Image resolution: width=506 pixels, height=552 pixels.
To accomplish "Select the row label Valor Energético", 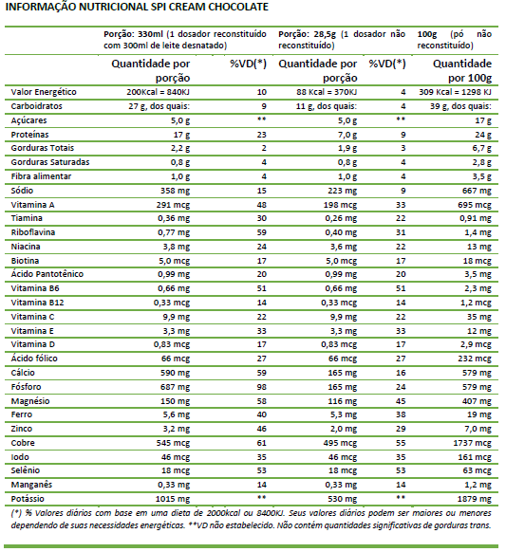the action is pos(44,92).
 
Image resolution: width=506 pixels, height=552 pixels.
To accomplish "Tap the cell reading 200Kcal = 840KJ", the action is pos(159,92).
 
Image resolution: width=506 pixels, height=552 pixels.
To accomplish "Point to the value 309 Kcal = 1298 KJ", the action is pos(455,92).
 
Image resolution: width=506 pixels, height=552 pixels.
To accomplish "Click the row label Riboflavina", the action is pos(33,232).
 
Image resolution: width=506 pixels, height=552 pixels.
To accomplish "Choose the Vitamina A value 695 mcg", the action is pos(475,205).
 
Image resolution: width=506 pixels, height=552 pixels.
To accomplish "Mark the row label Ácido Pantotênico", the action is pos(47,274).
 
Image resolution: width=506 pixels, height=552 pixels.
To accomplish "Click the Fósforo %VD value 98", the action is pos(261,387).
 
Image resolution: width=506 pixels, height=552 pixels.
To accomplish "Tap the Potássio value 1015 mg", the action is pos(173,499).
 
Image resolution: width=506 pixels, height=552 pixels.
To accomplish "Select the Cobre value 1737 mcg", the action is pos(472,443).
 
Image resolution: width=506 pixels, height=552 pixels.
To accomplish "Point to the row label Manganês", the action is pos(31,485).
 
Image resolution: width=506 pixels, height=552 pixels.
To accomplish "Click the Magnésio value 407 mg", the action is pos(477,401).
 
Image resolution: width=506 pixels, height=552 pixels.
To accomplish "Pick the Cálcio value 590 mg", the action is pos(175,373).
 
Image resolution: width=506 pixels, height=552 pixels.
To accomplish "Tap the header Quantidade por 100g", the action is pos(462,70).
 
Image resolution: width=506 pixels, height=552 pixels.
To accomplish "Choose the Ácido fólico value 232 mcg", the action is pos(475,359).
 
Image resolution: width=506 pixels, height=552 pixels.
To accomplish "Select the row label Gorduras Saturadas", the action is pos(50,162).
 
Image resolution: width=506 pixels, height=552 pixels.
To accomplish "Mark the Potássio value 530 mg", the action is pos(342,499).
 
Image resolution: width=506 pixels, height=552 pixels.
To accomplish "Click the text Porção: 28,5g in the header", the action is pos(308,34).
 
